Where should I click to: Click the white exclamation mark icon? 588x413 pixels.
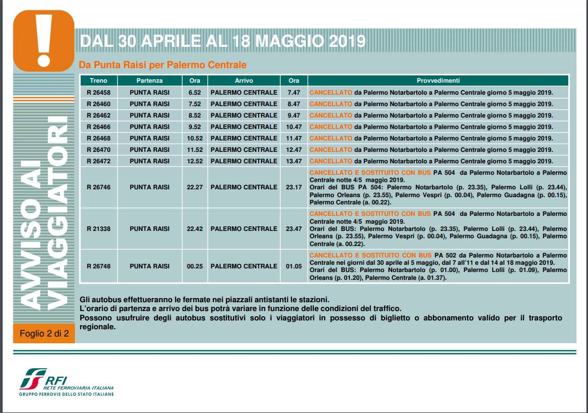tap(44, 39)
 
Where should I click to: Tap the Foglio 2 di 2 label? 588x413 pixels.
tap(44, 333)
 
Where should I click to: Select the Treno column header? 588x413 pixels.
tap(98, 81)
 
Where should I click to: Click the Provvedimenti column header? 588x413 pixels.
tap(438, 81)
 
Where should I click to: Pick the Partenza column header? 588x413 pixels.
tap(149, 81)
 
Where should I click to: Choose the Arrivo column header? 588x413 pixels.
tap(244, 81)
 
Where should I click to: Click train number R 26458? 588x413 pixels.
tap(98, 93)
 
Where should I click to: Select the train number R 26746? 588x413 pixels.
tap(98, 187)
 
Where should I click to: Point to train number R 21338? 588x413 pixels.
tap(98, 229)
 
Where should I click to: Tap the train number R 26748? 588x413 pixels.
tap(98, 266)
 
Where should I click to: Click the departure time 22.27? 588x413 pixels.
tap(195, 187)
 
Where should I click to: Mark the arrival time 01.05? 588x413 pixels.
tap(294, 266)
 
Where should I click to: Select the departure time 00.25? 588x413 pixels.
tap(195, 266)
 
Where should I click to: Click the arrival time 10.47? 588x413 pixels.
tap(294, 127)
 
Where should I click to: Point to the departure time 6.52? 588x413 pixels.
tap(195, 93)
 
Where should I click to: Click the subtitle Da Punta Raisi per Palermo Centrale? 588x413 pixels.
tap(162, 65)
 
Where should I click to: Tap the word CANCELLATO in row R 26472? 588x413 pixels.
tap(330, 161)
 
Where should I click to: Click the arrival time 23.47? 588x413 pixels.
tap(294, 229)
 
